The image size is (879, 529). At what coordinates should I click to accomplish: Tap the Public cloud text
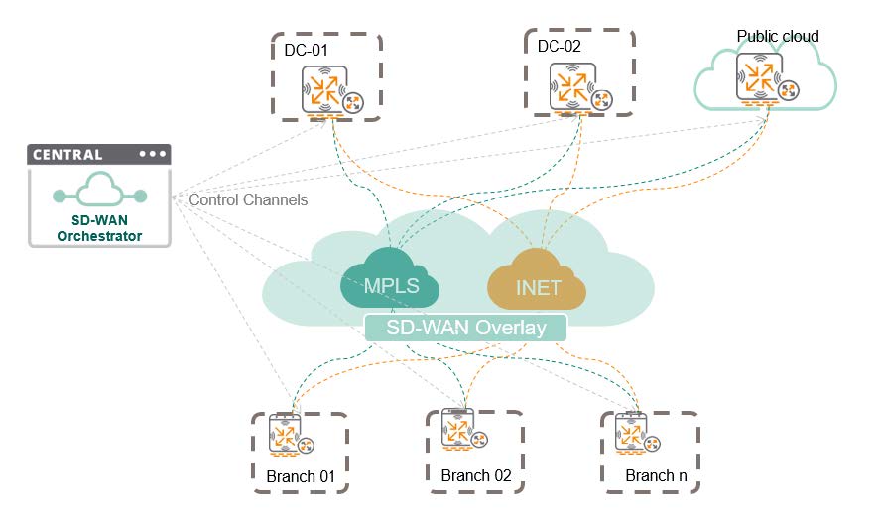click(x=778, y=37)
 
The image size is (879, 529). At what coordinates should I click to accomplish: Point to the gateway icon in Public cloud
click(x=760, y=78)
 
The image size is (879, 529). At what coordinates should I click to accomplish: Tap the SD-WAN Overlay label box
click(x=465, y=327)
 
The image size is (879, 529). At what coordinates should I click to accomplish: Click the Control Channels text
click(x=248, y=200)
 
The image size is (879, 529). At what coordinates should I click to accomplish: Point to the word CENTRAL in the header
click(x=67, y=155)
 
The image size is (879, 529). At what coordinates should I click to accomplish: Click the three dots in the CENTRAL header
click(x=152, y=155)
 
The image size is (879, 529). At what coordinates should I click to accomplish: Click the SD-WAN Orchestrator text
click(x=99, y=228)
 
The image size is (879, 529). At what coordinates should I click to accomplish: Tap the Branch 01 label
click(x=300, y=477)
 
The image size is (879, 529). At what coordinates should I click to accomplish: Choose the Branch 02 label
click(x=476, y=475)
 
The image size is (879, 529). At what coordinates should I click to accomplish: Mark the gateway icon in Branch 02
click(x=459, y=431)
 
